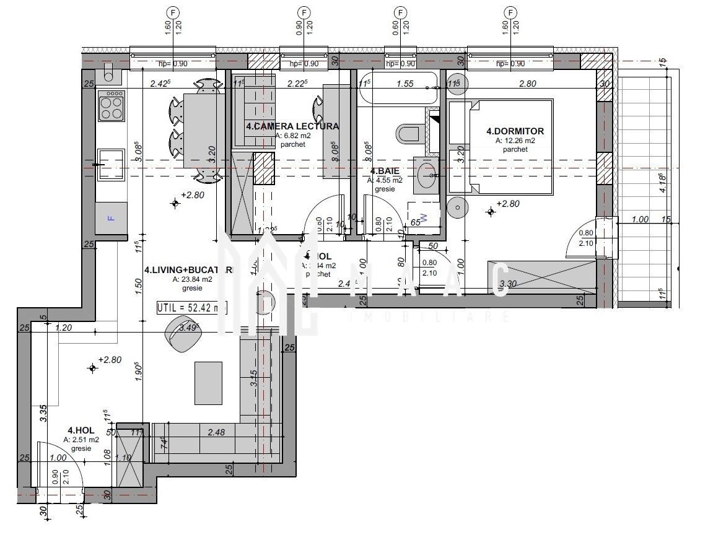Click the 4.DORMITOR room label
515,131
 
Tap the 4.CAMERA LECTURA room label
292,126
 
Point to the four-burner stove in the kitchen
112,107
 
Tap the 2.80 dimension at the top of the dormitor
528,84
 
